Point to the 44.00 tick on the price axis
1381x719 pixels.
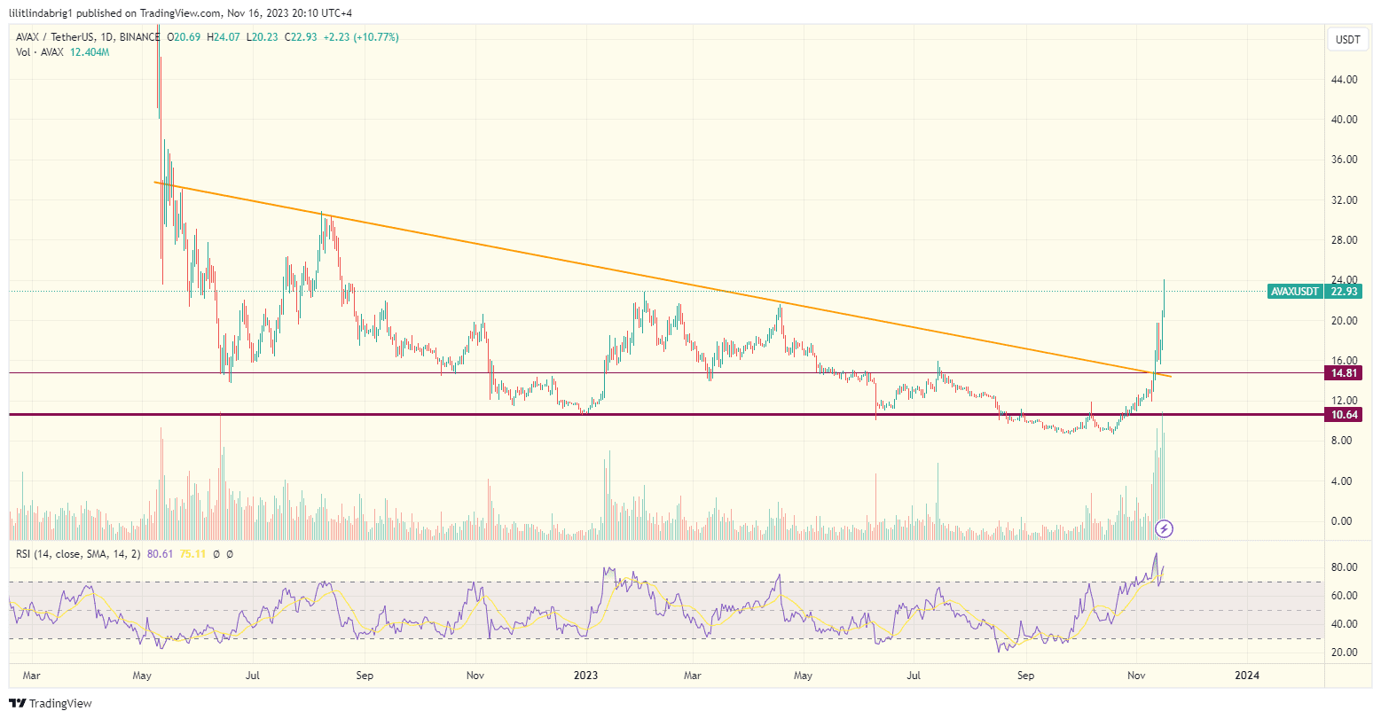pyautogui.click(x=1346, y=80)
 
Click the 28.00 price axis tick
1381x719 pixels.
pyautogui.click(x=1346, y=240)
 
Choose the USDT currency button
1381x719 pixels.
pyautogui.click(x=1347, y=40)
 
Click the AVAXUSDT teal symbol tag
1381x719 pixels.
pyautogui.click(x=1296, y=291)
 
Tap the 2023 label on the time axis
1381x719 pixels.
pyautogui.click(x=585, y=676)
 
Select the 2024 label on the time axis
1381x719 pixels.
pyautogui.click(x=1246, y=676)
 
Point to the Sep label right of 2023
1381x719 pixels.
pyautogui.click(x=1025, y=676)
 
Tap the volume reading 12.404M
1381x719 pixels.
pyautogui.click(x=90, y=52)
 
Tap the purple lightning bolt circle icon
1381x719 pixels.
pyautogui.click(x=1165, y=529)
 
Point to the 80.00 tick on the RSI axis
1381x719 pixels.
pyautogui.click(x=1346, y=567)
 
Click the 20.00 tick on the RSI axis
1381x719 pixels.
pyautogui.click(x=1346, y=653)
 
